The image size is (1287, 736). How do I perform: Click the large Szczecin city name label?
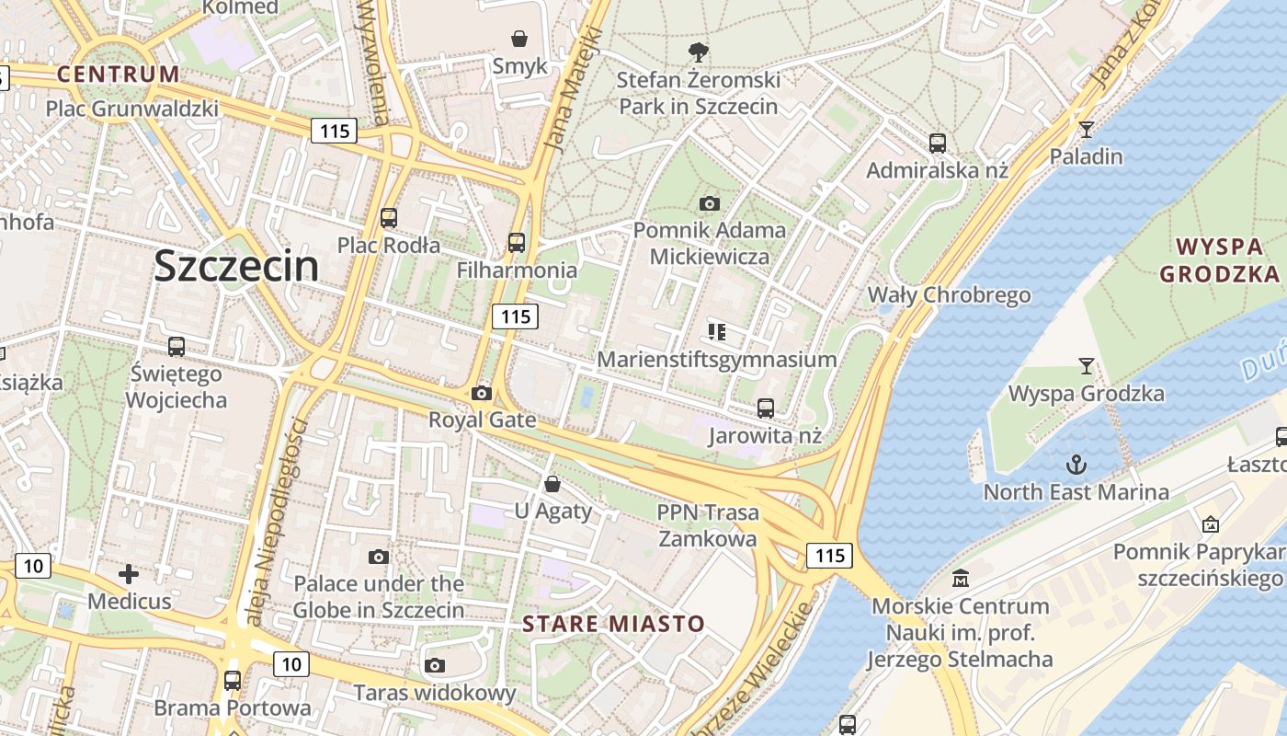pos(236,267)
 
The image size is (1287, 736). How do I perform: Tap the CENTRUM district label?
pos(119,75)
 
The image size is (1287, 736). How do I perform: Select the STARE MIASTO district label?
pos(613,624)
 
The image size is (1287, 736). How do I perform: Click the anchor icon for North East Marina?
pos(1076,464)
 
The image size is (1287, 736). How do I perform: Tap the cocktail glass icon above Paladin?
pos(1087,129)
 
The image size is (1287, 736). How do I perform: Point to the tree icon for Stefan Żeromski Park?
pos(699,52)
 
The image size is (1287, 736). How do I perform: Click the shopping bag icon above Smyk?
pos(519,39)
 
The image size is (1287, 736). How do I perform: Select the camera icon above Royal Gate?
pos(481,393)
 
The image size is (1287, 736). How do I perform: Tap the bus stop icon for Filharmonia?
pos(517,243)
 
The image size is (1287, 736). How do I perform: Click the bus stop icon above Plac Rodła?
pos(389,218)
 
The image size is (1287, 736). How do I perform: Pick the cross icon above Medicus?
pos(129,575)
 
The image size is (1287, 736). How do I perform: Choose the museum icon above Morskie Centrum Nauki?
pos(961,579)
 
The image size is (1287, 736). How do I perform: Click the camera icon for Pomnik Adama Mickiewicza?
pos(709,203)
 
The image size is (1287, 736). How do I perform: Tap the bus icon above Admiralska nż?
pos(938,144)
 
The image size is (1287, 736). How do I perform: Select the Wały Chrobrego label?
pos(950,295)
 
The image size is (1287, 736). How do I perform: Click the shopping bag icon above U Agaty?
pos(552,483)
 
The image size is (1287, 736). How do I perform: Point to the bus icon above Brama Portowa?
pos(233,681)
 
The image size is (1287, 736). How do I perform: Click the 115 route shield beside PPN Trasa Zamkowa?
pos(829,556)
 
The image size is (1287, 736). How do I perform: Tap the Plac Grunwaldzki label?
pos(132,109)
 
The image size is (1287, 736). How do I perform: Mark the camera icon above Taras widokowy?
pos(435,665)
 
